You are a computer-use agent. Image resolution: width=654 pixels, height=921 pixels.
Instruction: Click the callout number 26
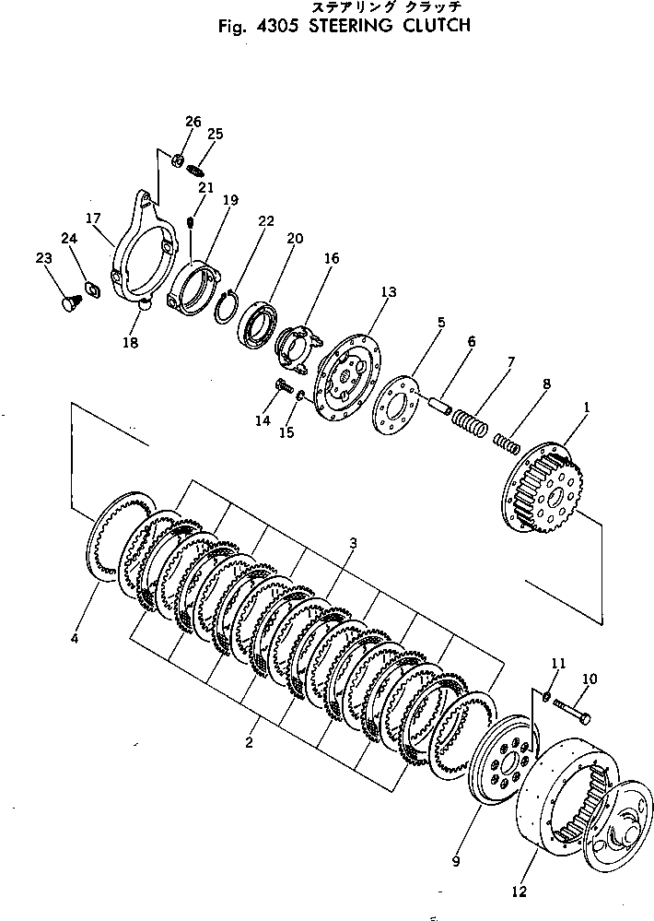pos(192,122)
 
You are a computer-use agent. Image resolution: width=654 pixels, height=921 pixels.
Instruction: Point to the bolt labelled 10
pos(571,714)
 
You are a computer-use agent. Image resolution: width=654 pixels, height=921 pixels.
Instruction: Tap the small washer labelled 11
pos(547,696)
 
